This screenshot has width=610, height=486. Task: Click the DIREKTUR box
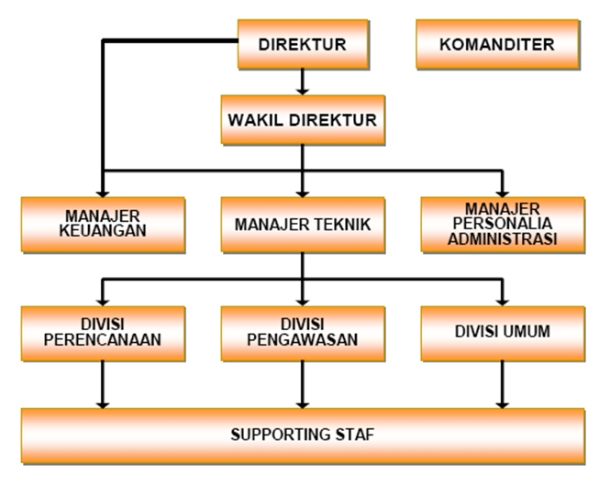(x=302, y=45)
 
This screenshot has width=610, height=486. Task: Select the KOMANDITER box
(x=498, y=45)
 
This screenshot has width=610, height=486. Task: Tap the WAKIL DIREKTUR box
(x=302, y=119)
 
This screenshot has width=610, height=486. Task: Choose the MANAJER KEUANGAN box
(x=104, y=224)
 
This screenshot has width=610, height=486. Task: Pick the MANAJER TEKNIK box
(x=302, y=224)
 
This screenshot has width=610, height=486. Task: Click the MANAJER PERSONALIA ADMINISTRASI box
(x=503, y=224)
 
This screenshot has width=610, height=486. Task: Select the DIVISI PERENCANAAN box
(x=104, y=331)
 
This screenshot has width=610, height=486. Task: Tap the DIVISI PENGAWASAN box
(x=302, y=331)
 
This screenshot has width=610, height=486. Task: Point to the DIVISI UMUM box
(x=503, y=331)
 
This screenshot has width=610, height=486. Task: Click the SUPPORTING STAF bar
(x=304, y=434)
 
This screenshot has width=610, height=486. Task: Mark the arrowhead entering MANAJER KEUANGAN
(x=104, y=188)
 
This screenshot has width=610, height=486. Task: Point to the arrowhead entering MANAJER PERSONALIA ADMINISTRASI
(x=502, y=188)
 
